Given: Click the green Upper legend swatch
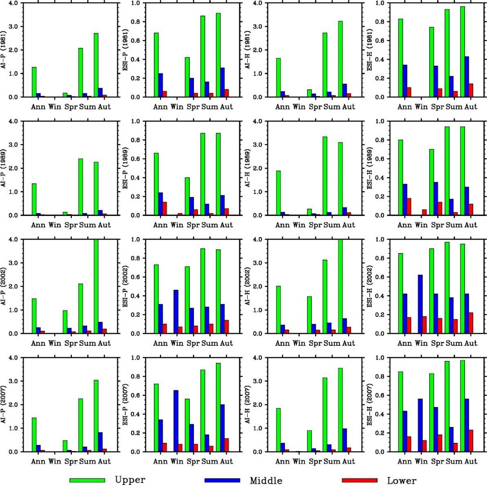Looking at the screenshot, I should click(87, 480).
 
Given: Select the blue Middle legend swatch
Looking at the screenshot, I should click(222, 480).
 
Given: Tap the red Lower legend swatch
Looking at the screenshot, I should click(359, 480).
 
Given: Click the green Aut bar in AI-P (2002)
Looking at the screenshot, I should click(96, 286).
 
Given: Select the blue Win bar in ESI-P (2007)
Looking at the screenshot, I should click(176, 421).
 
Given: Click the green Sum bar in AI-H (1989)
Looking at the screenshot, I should click(325, 176).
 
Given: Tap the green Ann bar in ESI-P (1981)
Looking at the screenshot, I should click(156, 65).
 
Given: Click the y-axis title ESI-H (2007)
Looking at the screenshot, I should click(370, 405).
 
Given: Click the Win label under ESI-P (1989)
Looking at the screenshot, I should click(177, 225).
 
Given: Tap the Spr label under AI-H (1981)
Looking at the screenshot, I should click(315, 107).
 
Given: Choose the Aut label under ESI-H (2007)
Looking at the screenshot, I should click(471, 461).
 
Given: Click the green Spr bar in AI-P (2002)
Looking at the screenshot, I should click(65, 322).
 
